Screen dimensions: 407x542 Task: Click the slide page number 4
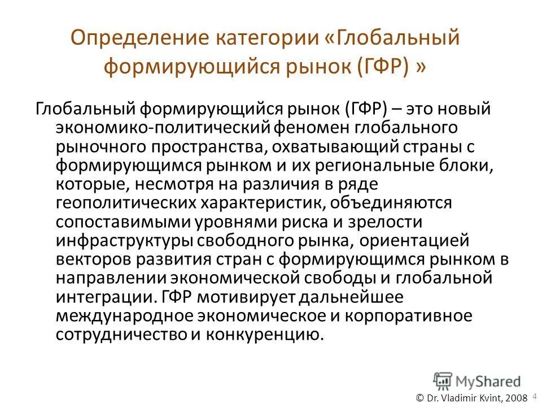tap(534, 396)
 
